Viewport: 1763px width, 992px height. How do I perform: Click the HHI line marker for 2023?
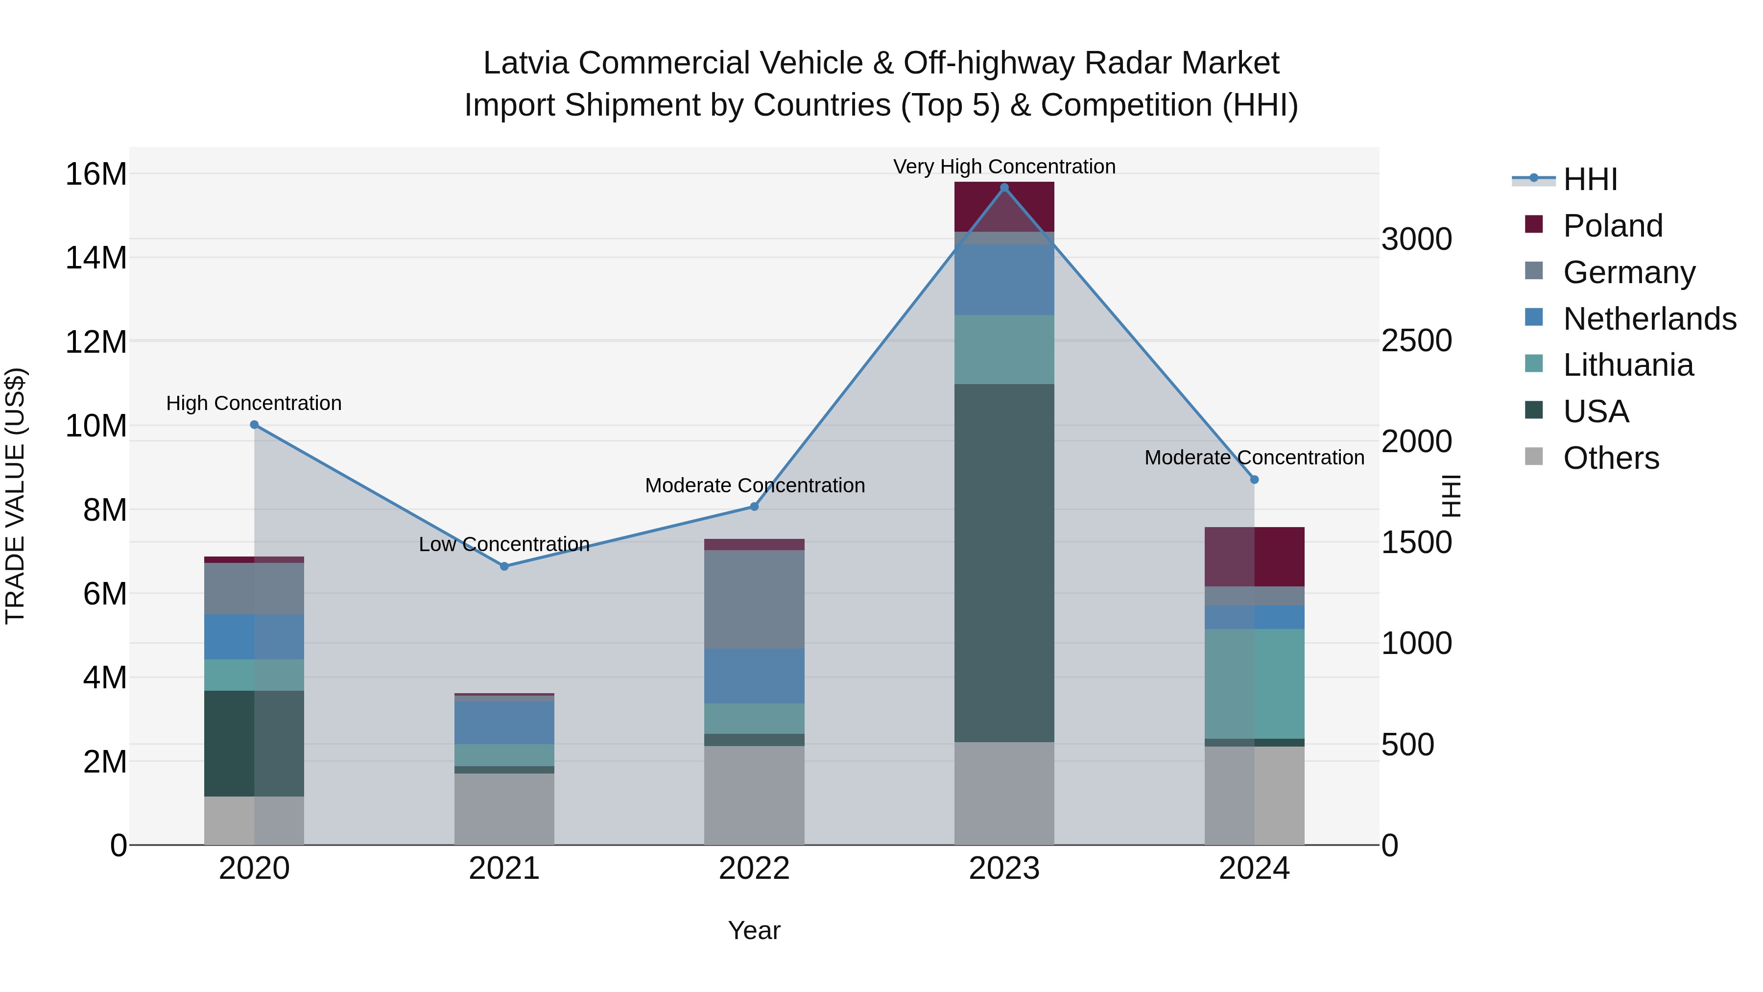1004,188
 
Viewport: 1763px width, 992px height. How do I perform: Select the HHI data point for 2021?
504,566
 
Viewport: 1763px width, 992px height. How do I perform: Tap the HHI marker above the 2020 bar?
255,424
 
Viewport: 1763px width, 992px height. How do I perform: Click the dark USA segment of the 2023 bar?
1004,561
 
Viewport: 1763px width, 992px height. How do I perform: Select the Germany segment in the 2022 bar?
754,599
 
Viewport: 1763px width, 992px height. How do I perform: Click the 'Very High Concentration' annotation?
1004,167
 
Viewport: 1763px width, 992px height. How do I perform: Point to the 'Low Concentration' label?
504,544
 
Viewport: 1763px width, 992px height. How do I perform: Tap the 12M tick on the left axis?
96,341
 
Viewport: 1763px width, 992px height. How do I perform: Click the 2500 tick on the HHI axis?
1416,340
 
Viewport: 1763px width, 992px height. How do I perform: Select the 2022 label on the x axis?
754,869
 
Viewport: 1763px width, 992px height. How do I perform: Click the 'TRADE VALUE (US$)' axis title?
15,496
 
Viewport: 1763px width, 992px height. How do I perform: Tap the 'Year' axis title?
754,930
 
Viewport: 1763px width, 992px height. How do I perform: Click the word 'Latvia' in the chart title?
526,63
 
